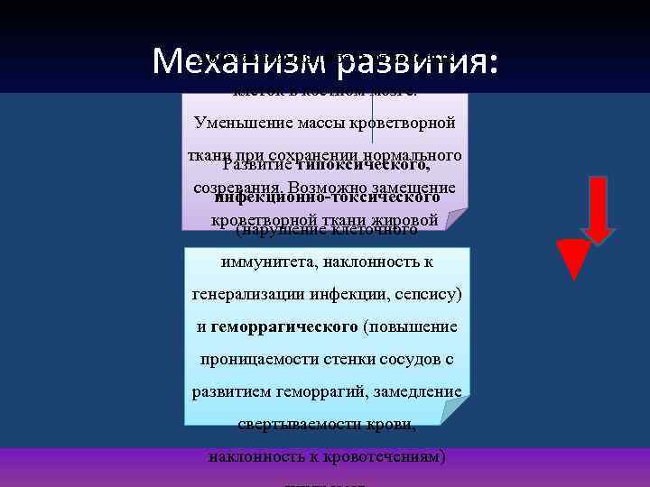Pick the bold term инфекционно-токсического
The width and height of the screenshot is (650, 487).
(328, 197)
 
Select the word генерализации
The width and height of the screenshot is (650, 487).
(242, 294)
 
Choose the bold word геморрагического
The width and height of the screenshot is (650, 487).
(284, 326)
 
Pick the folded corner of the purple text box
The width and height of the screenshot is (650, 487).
(457, 219)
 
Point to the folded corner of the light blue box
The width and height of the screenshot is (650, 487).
(457, 412)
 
